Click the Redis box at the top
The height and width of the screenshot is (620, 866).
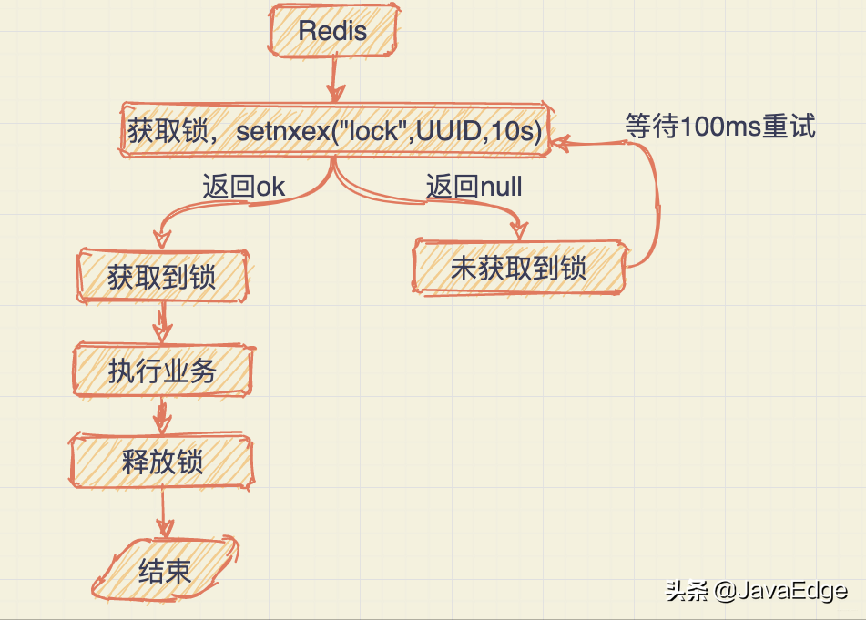click(332, 31)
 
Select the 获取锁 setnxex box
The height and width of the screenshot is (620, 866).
click(334, 131)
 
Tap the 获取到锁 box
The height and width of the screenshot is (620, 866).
click(162, 276)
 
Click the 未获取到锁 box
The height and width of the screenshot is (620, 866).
click(518, 268)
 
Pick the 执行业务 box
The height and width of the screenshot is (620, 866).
click(162, 371)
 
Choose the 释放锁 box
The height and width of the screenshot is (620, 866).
click(162, 462)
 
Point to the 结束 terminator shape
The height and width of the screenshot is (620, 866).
click(165, 571)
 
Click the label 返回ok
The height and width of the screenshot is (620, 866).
click(243, 188)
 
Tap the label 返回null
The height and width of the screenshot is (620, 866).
click(474, 188)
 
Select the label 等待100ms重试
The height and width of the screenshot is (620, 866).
click(719, 127)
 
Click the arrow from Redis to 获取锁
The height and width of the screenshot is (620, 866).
click(334, 80)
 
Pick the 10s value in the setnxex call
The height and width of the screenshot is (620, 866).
click(511, 131)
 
